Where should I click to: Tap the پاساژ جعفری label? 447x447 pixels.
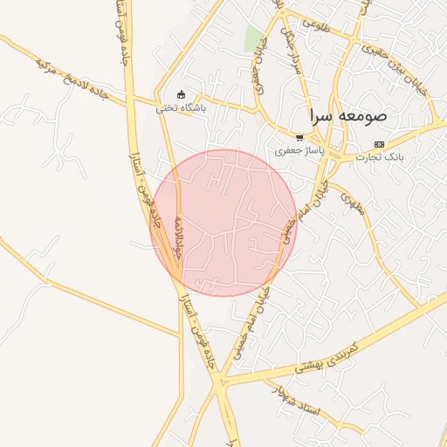click(x=299, y=151)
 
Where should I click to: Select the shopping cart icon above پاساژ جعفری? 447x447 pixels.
click(x=299, y=138)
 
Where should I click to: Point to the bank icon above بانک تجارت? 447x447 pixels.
click(x=378, y=144)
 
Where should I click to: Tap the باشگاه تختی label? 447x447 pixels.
click(x=181, y=108)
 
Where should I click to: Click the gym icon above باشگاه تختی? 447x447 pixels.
click(x=181, y=95)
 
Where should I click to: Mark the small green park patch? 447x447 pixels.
click(x=253, y=38)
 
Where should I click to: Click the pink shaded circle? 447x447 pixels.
click(x=224, y=222)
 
